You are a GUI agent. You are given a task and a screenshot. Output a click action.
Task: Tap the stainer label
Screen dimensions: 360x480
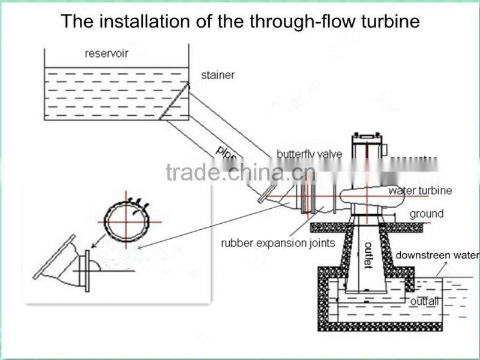218,76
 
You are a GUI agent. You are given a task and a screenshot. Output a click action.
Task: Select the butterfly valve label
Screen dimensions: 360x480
310,154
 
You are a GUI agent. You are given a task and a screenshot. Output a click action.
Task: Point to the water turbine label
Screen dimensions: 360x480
420,191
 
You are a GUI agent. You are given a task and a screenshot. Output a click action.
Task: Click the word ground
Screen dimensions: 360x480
427,214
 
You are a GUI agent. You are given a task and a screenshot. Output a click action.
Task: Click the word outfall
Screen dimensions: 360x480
424,301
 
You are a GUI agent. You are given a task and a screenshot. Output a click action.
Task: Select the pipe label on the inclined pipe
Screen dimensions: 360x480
225,153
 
